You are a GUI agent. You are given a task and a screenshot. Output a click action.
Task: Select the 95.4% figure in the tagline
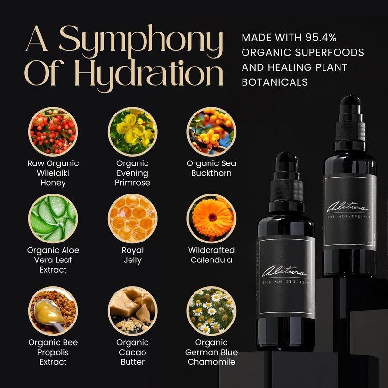339,38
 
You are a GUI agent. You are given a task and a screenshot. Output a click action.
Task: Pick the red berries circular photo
53,131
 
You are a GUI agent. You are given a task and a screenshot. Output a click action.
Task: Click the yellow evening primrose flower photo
132,131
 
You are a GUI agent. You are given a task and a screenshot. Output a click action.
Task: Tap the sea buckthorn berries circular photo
211,131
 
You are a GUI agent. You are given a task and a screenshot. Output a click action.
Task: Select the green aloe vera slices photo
53,218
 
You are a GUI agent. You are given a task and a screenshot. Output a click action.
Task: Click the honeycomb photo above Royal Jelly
132,218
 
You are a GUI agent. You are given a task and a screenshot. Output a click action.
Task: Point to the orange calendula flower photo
211,218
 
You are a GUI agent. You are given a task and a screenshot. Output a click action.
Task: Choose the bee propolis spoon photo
53,310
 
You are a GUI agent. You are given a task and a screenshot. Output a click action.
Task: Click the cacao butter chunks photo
132,310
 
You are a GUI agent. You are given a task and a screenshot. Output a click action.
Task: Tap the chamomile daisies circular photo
211,310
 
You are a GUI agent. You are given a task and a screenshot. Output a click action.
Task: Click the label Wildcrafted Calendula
211,255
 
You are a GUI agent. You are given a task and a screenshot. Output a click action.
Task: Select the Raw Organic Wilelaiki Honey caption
53,173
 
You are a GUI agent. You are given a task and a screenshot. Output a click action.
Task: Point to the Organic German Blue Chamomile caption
211,353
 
